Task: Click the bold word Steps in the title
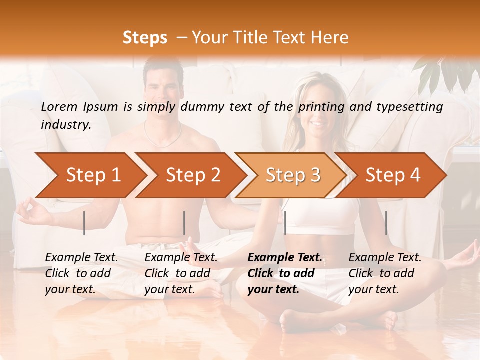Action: click(x=145, y=37)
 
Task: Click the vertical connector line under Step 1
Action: click(x=84, y=223)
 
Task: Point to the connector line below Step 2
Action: click(x=184, y=223)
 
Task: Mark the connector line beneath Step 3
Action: click(x=285, y=223)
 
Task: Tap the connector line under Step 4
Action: click(x=386, y=223)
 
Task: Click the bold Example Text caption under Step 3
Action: click(x=285, y=273)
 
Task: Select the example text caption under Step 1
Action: click(x=81, y=273)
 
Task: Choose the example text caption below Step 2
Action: click(x=181, y=273)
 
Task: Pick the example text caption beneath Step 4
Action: click(x=385, y=273)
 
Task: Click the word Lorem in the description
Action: click(x=59, y=107)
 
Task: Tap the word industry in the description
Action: click(x=65, y=125)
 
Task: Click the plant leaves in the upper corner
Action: click(x=442, y=72)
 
